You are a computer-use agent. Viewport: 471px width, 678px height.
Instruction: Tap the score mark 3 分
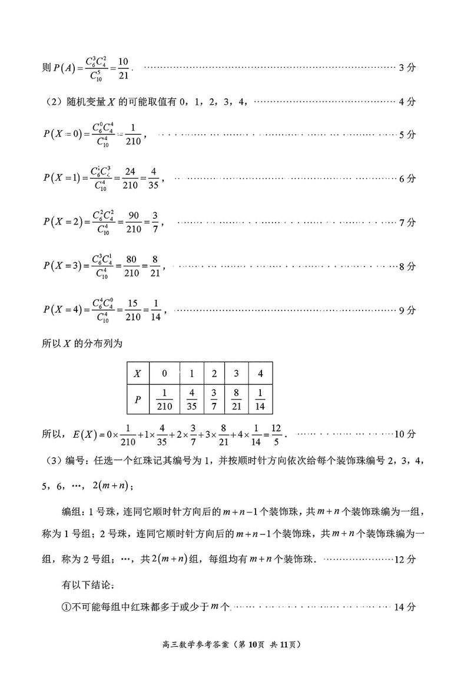407,68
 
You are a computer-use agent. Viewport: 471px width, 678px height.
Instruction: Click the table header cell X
138,373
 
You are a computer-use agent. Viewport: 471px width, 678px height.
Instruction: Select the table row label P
138,400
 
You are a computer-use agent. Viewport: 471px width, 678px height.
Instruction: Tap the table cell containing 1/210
165,400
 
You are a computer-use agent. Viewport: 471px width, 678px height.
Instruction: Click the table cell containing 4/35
191,400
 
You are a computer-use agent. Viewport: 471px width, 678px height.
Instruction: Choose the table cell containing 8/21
237,400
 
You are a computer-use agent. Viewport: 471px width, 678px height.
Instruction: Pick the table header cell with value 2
214,373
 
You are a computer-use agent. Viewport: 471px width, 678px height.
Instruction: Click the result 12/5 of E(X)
276,434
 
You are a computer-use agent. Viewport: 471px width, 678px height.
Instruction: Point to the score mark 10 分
405,434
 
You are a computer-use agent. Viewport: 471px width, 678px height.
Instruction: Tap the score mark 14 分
405,607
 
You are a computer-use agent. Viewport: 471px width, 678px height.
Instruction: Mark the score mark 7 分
407,223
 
